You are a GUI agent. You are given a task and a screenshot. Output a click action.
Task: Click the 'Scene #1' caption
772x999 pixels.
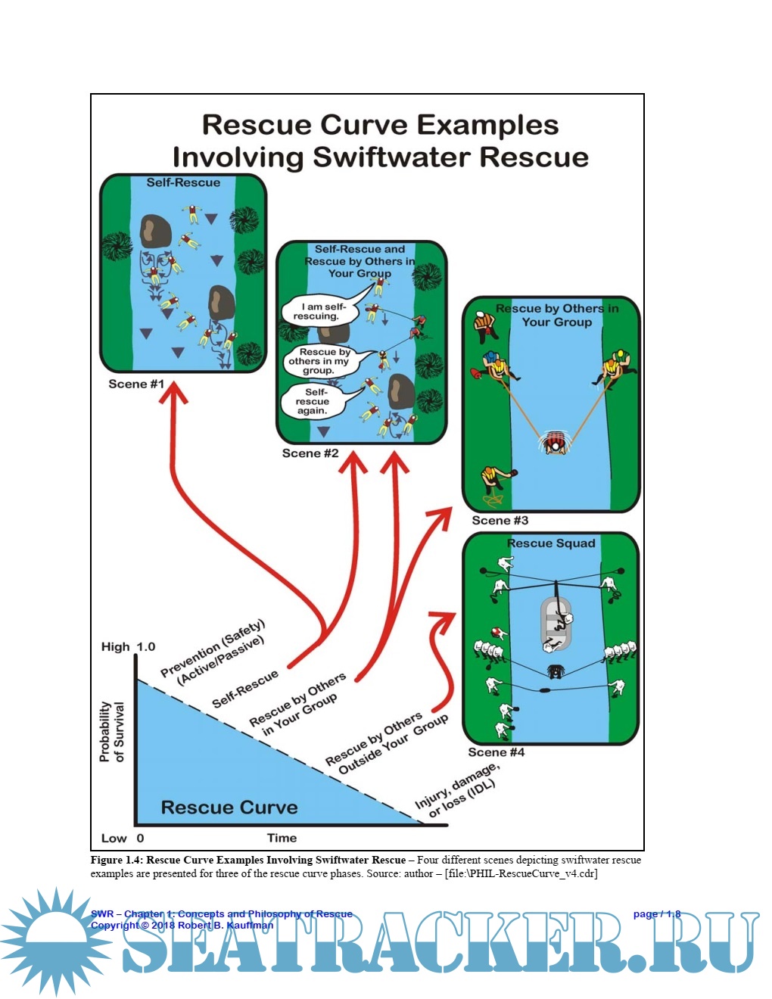pos(136,384)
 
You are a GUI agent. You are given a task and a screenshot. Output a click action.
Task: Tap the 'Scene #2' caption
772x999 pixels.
pos(310,453)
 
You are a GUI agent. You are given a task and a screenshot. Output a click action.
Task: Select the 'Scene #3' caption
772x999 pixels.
pos(500,521)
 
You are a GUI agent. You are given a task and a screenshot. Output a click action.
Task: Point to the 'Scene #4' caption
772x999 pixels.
pos(496,752)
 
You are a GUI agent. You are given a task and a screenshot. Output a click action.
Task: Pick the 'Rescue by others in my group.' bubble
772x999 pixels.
pos(325,361)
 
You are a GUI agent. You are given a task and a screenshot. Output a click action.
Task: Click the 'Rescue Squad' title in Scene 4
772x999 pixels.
pos(551,543)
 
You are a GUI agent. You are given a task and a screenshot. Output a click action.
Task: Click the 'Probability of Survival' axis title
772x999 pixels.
pos(111,731)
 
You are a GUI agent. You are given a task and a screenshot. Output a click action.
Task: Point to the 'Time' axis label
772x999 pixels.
pos(282,838)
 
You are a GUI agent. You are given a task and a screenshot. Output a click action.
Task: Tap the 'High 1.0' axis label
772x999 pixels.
pos(128,647)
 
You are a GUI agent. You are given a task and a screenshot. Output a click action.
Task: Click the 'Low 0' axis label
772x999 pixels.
pos(123,838)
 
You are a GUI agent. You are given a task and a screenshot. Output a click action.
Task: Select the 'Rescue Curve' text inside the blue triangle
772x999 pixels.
pos(229,808)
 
